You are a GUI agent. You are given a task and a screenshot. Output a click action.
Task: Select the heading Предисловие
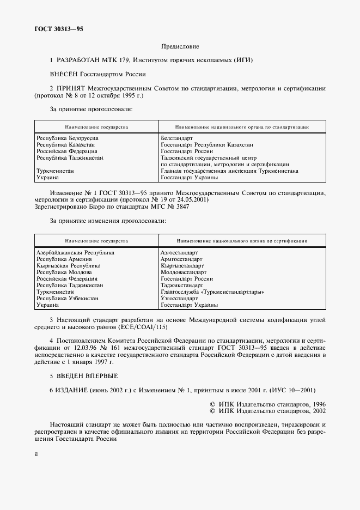[180, 47]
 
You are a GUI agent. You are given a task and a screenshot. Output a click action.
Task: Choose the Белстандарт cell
[176, 138]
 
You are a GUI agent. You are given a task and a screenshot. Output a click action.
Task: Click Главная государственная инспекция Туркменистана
[229, 171]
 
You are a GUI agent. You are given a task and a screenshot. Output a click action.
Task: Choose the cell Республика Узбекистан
[68, 298]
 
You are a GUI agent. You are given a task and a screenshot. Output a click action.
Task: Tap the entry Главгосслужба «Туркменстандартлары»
[212, 292]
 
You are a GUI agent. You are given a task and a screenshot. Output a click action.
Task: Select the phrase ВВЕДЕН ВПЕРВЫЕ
[87, 376]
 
